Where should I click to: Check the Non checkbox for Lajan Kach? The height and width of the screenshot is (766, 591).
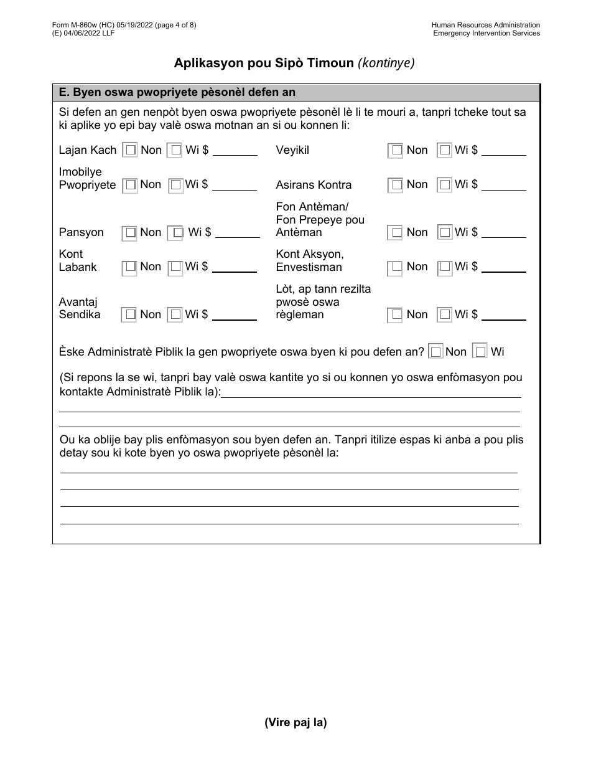pos(130,150)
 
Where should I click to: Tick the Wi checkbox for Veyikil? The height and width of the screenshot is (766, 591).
pos(444,150)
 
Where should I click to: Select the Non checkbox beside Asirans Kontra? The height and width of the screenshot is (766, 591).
pos(395,185)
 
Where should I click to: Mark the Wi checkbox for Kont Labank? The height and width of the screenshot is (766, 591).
pos(176,267)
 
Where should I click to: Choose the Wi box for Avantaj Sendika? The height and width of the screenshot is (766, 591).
pos(176,314)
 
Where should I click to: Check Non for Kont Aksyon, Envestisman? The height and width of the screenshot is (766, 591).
pos(395,268)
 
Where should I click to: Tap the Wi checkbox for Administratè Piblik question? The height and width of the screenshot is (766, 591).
pos(480,352)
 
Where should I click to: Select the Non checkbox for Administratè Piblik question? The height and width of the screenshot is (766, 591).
pos(436,352)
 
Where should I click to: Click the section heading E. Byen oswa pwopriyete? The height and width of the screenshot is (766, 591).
pos(177,92)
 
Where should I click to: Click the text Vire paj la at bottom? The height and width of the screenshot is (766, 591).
pos(295,722)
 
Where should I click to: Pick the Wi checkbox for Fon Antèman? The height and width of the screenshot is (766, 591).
pos(444,232)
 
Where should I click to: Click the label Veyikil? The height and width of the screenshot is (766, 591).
pos(292,150)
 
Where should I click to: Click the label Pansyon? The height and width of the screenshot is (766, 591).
pos(81,232)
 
